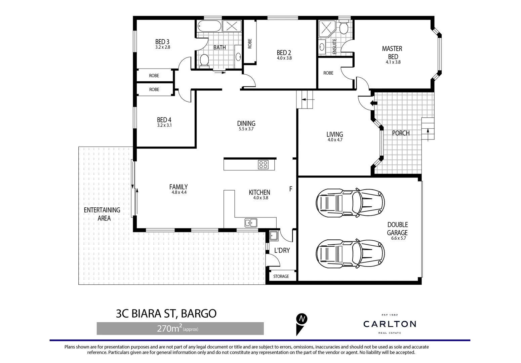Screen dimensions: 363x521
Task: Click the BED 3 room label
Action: [x=162, y=42]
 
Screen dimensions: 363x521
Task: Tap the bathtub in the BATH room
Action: [x=209, y=26]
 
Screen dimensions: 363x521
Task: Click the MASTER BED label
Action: [x=392, y=52]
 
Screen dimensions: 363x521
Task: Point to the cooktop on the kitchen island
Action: [x=263, y=165]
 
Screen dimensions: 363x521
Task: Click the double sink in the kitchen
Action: [x=251, y=223]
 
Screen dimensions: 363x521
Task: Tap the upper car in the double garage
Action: [x=350, y=203]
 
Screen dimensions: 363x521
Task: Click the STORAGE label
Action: [x=281, y=276]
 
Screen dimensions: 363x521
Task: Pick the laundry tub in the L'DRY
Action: [x=273, y=235]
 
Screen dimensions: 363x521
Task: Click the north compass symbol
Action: [x=302, y=319]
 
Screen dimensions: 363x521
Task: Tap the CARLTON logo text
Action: [x=390, y=324]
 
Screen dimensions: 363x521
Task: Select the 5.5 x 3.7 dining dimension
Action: [x=246, y=129]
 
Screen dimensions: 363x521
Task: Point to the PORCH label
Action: [x=401, y=133]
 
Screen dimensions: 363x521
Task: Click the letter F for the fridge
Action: [x=291, y=189]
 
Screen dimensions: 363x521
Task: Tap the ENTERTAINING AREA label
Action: [x=102, y=214]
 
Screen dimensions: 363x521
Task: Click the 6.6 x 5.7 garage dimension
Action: [x=399, y=238]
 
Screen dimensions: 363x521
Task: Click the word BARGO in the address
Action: [x=199, y=313]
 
